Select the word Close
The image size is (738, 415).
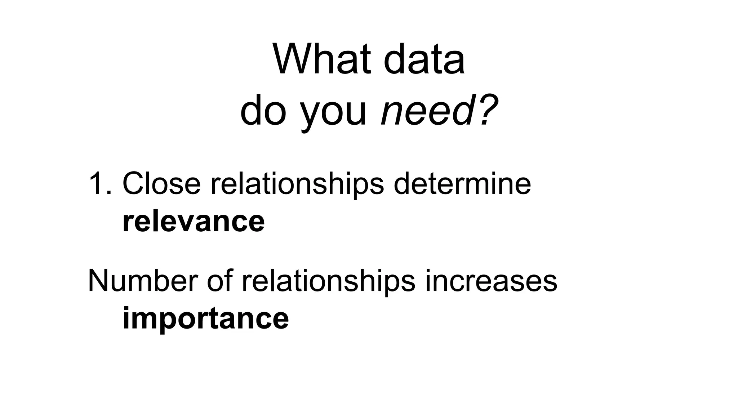pyautogui.click(x=161, y=184)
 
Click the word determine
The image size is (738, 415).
pyautogui.click(x=462, y=184)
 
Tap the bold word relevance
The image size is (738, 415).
pyautogui.click(x=194, y=222)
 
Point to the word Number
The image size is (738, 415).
pyautogui.click(x=143, y=281)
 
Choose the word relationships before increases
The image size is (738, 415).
pyautogui.click(x=328, y=282)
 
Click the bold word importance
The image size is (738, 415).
pyautogui.click(x=205, y=319)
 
